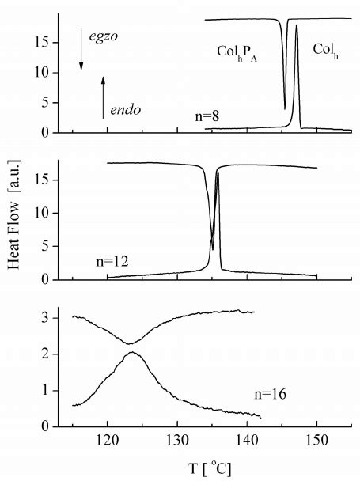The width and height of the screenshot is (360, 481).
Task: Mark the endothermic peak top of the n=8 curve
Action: click(x=296, y=25)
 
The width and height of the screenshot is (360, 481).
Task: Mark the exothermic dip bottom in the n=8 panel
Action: click(x=285, y=108)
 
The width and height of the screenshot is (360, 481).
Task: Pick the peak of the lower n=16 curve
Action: click(x=132, y=353)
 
